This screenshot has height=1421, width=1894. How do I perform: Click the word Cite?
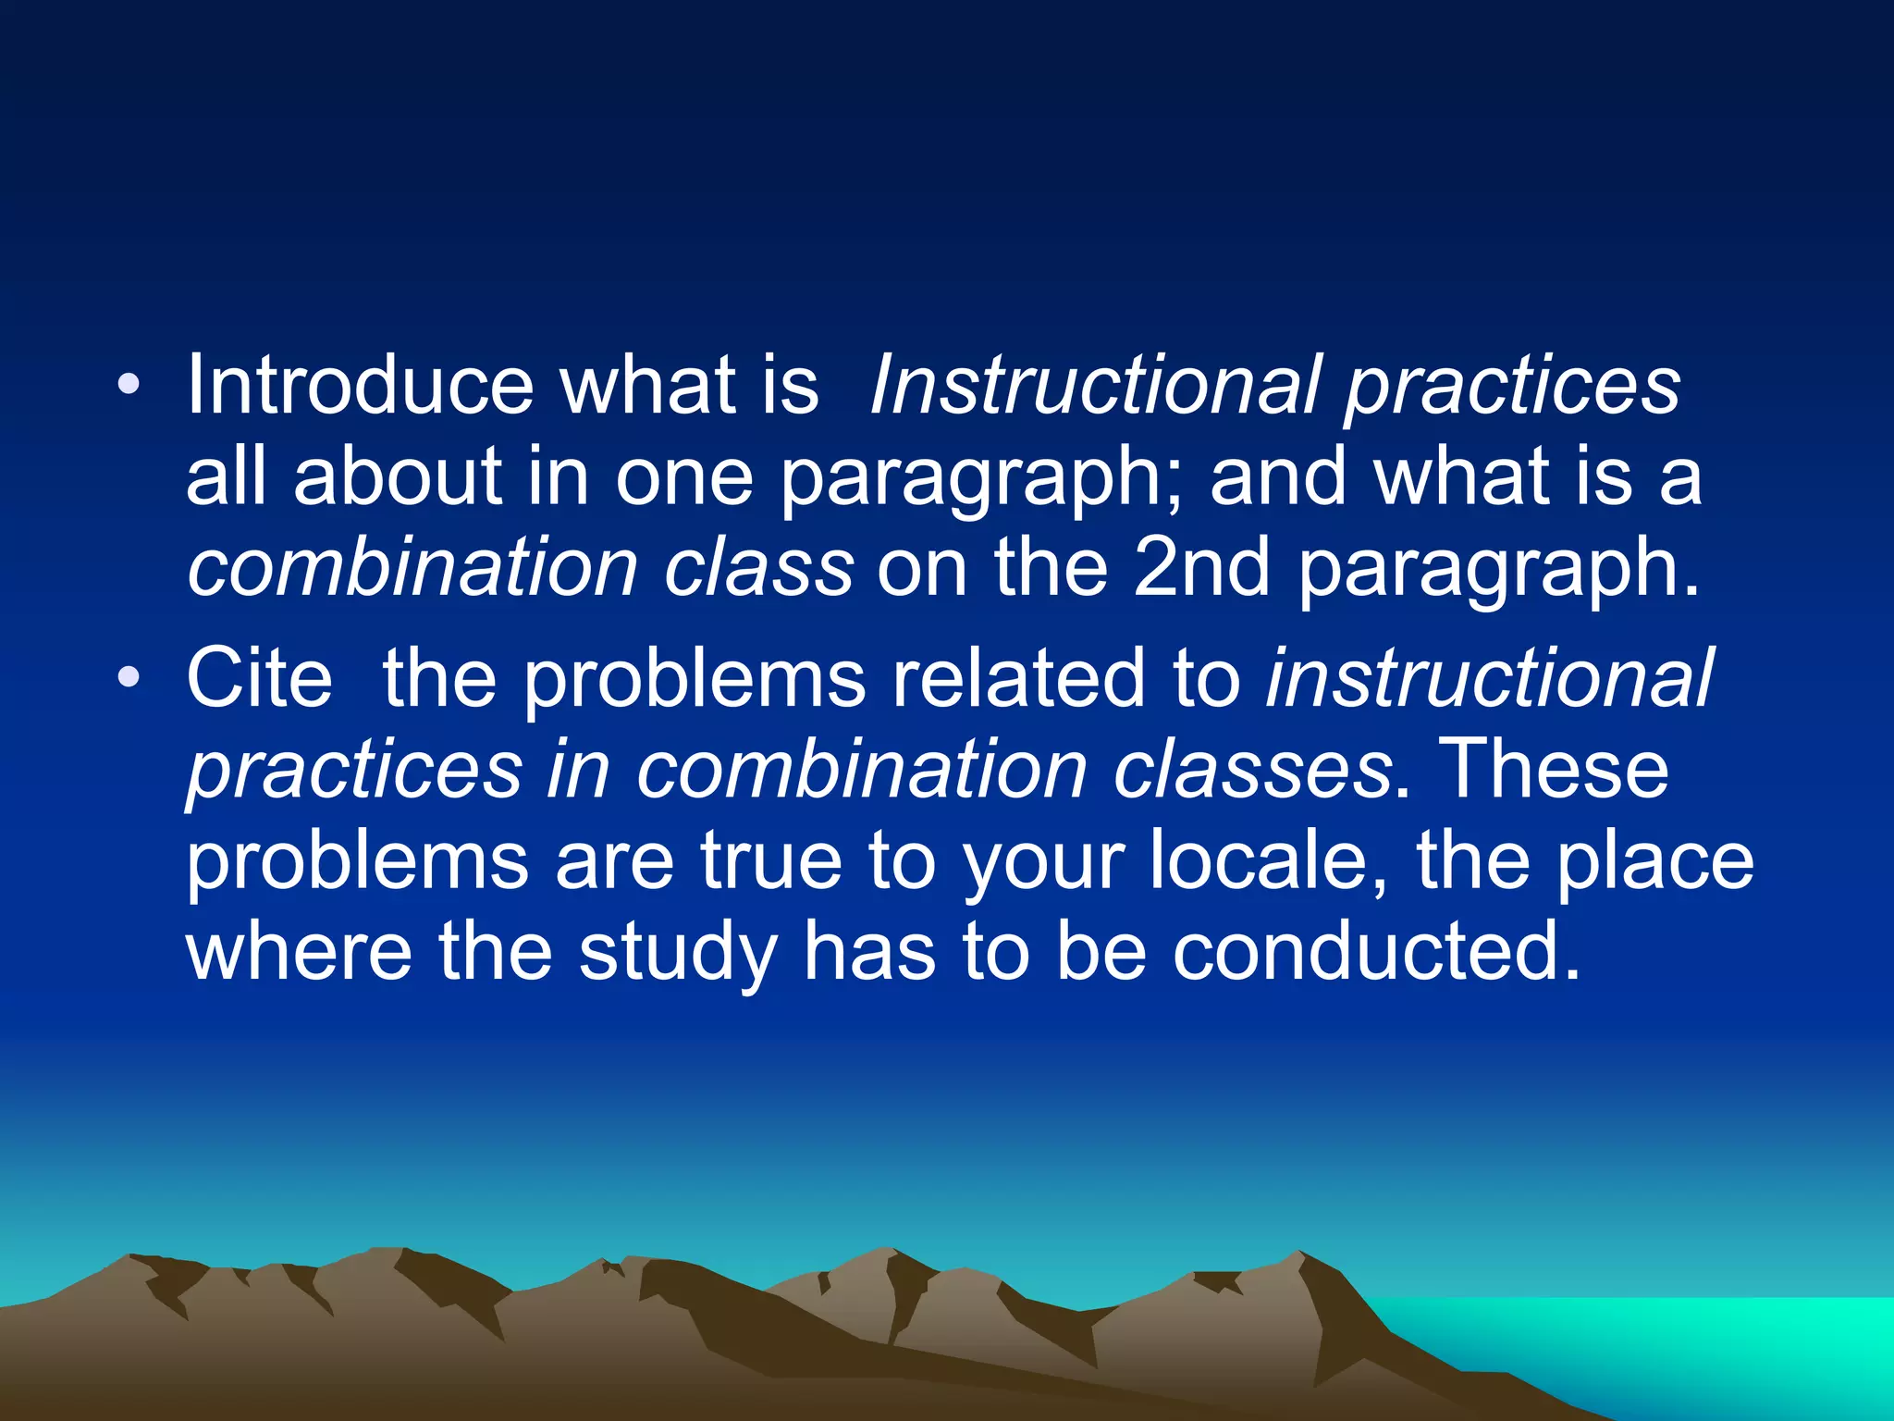pyautogui.click(x=259, y=679)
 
